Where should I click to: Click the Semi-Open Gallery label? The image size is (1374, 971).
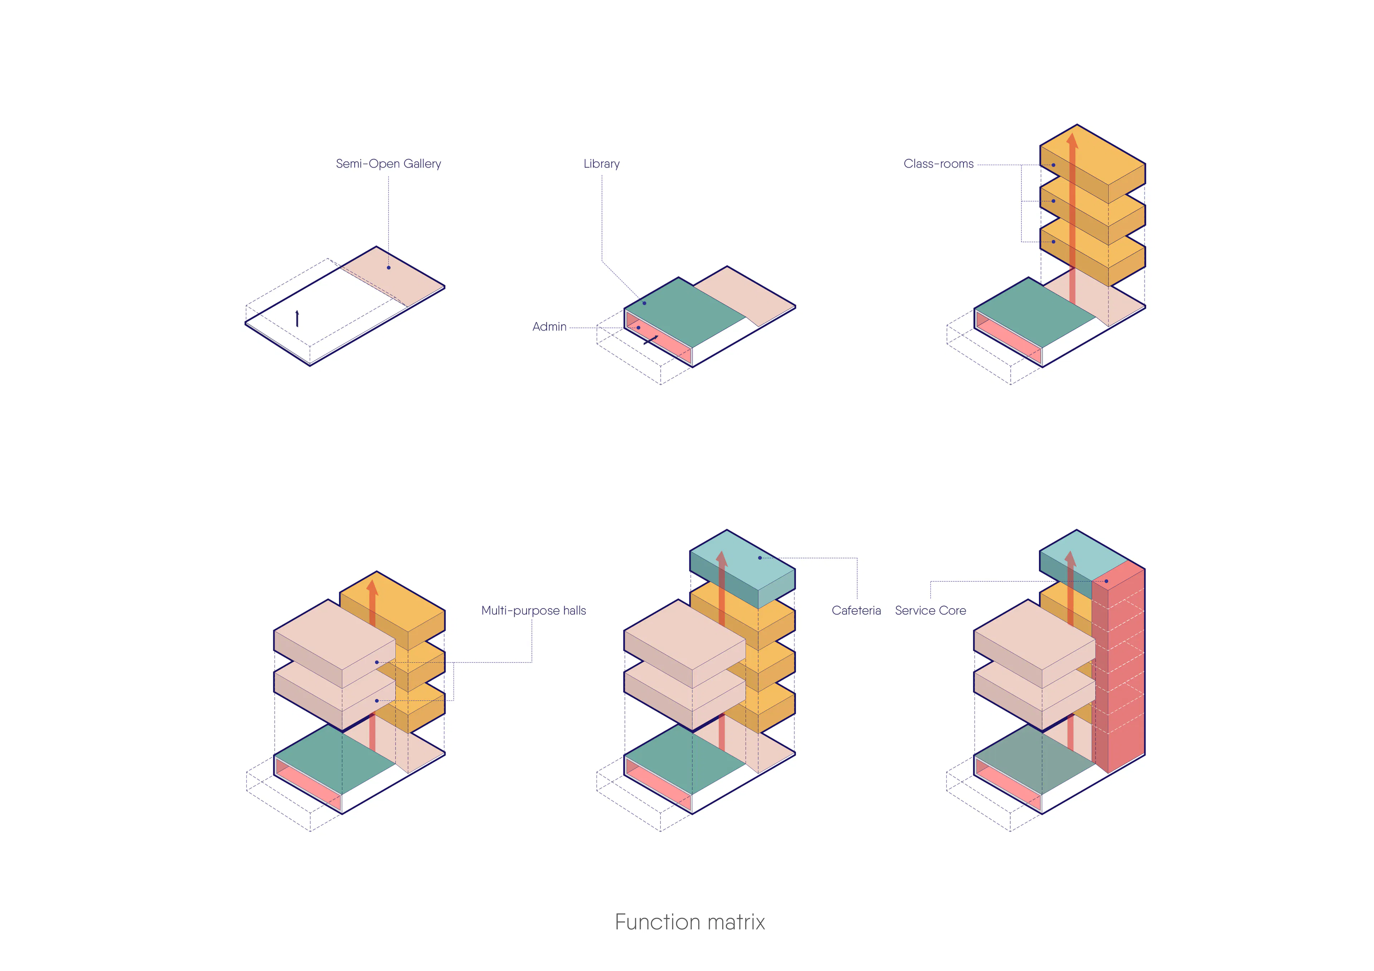tap(388, 163)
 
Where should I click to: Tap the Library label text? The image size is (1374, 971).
tap(601, 163)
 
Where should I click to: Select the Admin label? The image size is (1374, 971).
tap(549, 327)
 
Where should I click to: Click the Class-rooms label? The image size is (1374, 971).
tap(938, 163)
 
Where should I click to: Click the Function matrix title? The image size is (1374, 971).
tap(690, 922)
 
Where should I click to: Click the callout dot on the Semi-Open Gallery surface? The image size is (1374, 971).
tap(388, 268)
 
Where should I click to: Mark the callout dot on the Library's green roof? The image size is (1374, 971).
tap(644, 303)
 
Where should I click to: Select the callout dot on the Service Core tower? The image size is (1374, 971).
tap(1106, 581)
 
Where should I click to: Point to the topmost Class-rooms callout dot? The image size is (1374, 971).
tap(1053, 165)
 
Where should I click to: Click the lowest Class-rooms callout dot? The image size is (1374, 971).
tap(1053, 242)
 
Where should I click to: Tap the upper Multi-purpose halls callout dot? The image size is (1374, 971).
tap(376, 662)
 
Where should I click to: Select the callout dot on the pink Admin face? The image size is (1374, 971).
tap(639, 328)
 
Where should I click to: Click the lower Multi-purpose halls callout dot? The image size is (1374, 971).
tap(376, 701)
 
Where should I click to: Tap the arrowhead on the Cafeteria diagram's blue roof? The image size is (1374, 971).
tap(722, 559)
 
